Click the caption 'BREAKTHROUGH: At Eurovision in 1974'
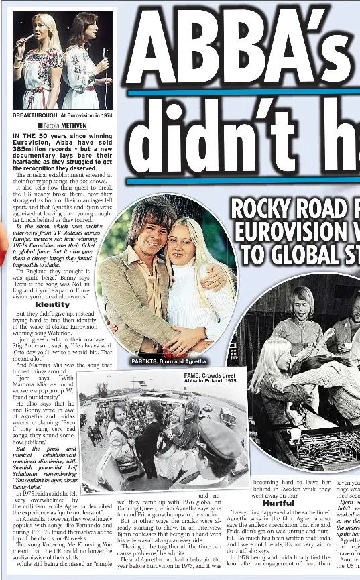62,115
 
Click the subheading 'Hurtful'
278,502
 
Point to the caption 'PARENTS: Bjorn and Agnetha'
168,361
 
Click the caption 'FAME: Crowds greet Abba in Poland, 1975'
210,378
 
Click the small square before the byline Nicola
40,125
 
